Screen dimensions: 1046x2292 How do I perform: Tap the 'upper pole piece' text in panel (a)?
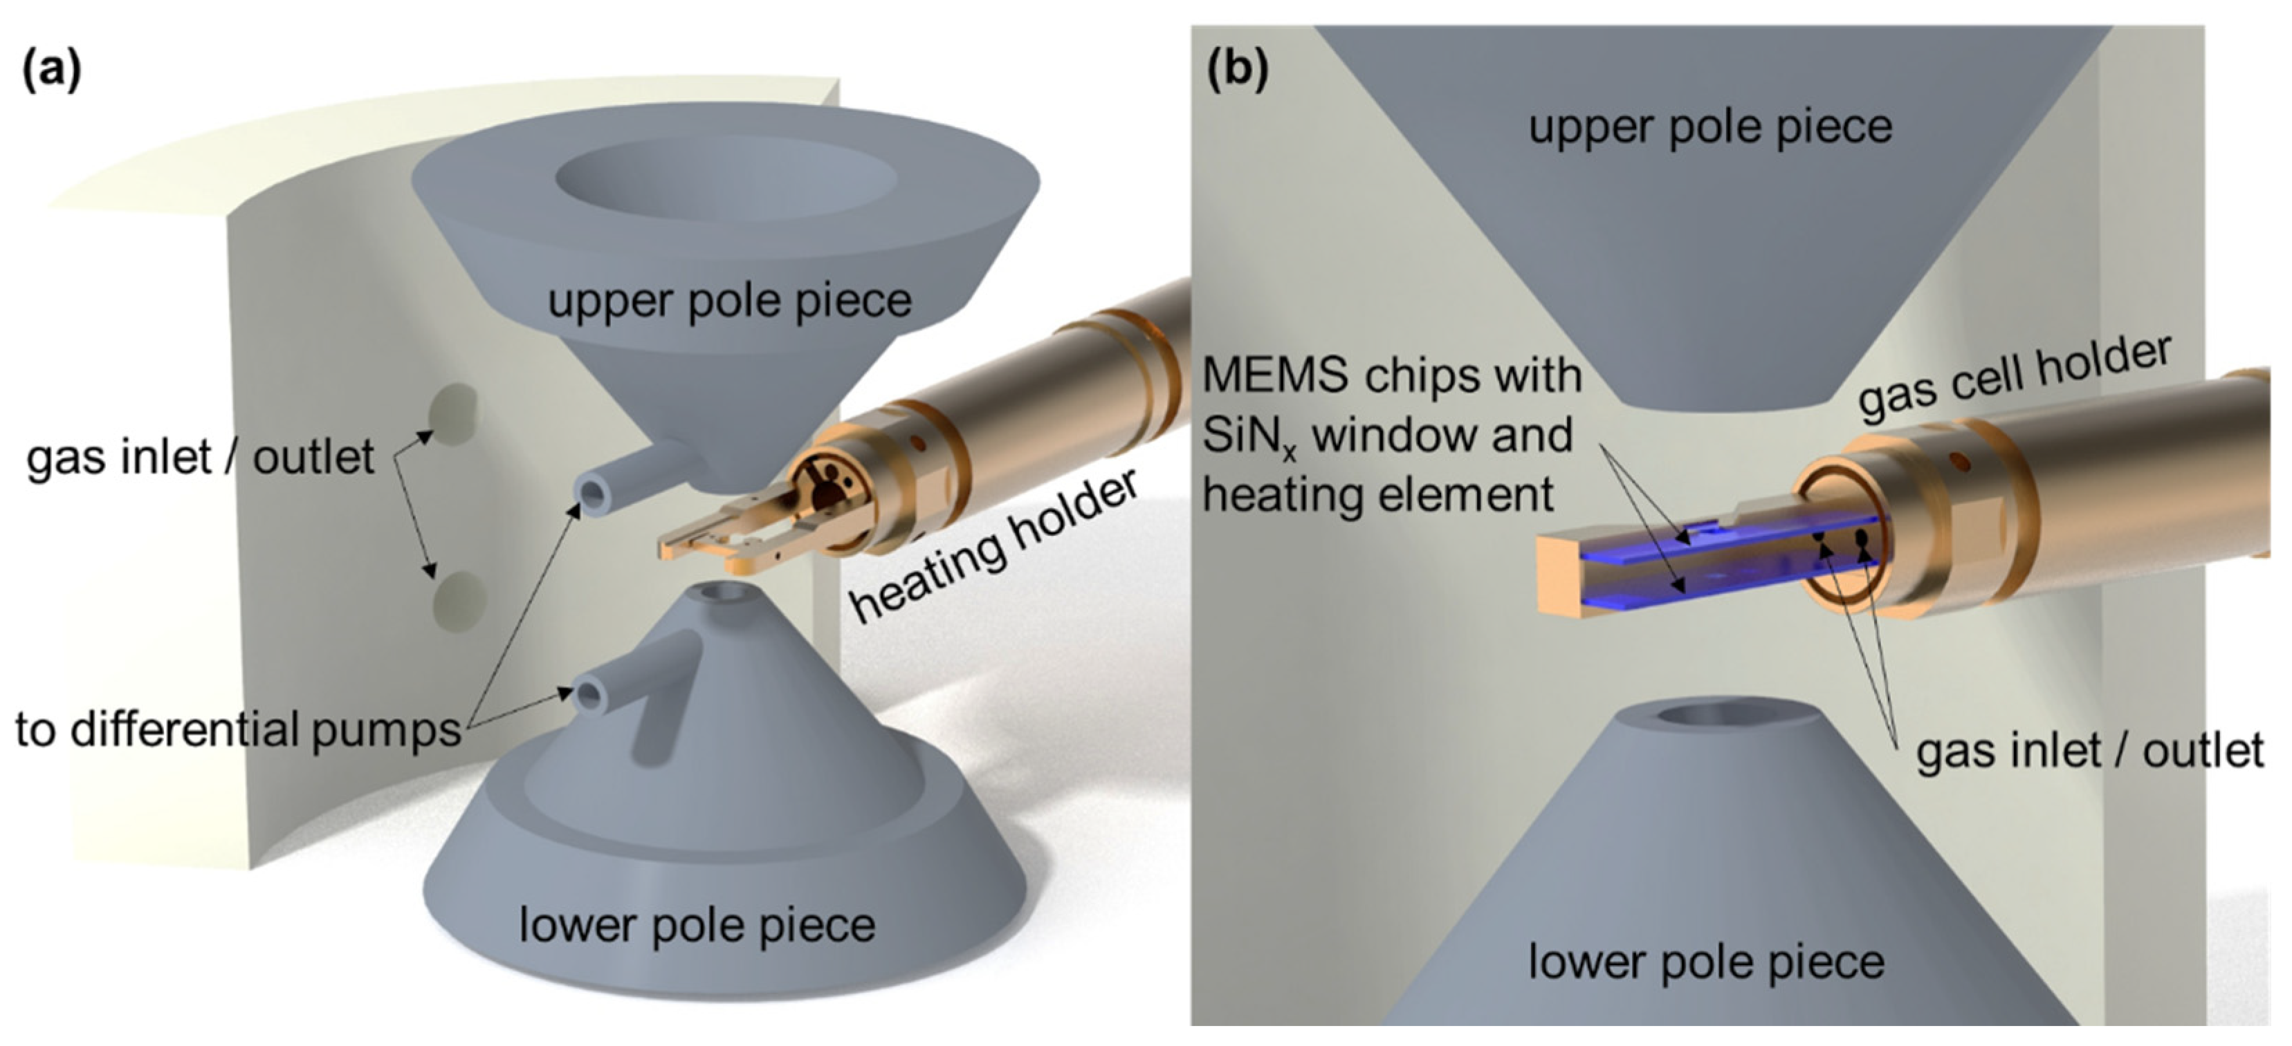[730, 301]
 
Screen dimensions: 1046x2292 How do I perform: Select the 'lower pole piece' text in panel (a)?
[697, 925]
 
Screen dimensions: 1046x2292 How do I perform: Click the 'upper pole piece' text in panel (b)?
[1710, 127]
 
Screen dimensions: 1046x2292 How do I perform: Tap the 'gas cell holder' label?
[2013, 378]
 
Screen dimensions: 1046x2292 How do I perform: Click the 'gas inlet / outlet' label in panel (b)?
[2088, 751]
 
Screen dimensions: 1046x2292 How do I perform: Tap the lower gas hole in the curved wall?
[457, 599]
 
